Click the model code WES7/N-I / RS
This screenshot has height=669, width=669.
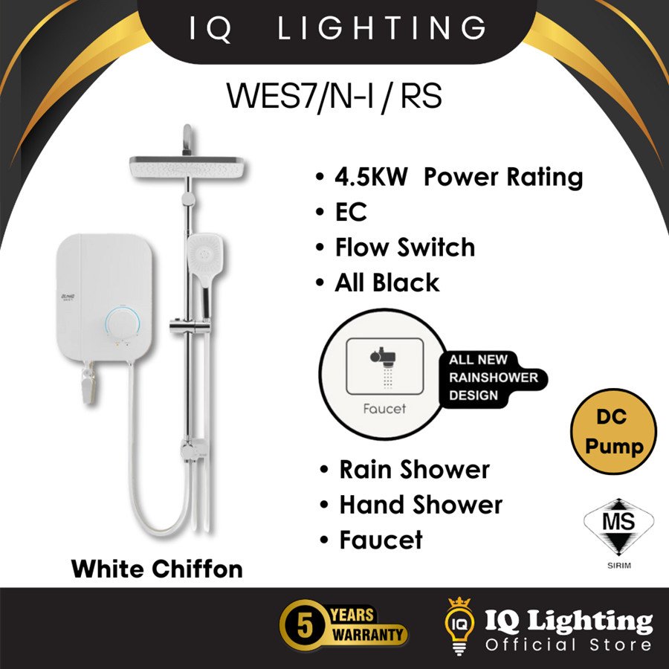click(334, 97)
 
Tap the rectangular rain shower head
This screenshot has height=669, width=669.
click(187, 167)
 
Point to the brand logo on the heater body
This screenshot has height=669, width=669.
click(68, 297)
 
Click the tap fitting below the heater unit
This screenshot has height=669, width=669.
click(89, 383)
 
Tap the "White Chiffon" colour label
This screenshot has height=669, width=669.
click(157, 569)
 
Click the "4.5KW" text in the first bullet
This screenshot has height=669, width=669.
click(371, 177)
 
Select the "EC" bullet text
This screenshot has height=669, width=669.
click(351, 212)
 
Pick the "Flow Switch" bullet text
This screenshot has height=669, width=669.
click(405, 247)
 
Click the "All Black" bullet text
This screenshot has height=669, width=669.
click(387, 282)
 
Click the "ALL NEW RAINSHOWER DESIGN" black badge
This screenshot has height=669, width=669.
click(493, 378)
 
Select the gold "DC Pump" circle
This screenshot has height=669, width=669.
click(613, 431)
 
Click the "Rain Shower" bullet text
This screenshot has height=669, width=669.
click(414, 470)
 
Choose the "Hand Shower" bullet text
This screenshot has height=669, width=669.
click(421, 505)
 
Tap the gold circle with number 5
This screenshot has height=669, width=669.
click(305, 625)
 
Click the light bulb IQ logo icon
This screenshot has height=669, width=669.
click(459, 626)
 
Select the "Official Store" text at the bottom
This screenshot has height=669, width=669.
click(568, 644)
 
